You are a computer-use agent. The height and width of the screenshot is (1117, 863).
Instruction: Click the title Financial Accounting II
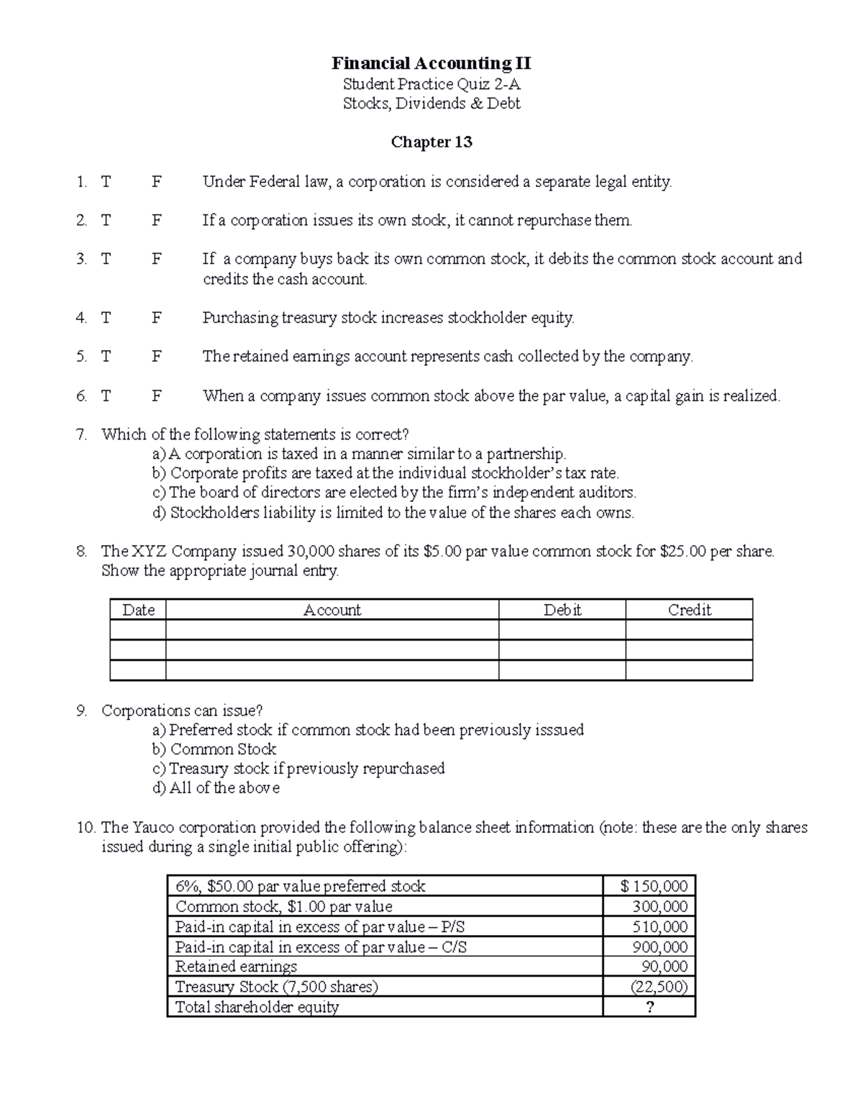tap(431, 63)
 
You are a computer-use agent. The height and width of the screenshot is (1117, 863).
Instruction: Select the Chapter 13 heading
tap(431, 142)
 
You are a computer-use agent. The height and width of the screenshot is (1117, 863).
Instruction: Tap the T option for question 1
tap(106, 182)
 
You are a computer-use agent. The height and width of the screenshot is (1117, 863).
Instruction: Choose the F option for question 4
tap(157, 318)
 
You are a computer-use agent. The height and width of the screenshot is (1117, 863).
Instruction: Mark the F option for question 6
tap(157, 396)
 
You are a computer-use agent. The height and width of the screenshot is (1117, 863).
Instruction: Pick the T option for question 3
tap(106, 259)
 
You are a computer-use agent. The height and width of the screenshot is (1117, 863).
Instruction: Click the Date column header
tap(138, 610)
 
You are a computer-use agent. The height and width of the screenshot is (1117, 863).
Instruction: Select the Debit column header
tap(562, 610)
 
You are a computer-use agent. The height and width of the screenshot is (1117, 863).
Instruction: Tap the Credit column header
tap(689, 610)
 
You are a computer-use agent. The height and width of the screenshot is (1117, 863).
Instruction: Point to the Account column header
tap(332, 610)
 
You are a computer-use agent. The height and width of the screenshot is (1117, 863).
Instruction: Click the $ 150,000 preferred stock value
tap(654, 886)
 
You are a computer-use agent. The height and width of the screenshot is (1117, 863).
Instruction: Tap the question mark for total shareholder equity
tap(650, 1007)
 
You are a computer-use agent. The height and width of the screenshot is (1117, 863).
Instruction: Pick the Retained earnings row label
tap(236, 967)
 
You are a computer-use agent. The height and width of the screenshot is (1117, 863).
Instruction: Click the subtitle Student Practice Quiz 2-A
tap(431, 84)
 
